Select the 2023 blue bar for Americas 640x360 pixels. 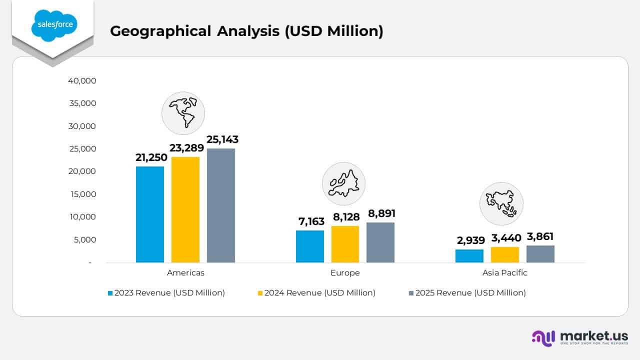(x=150, y=214)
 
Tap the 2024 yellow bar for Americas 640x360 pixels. (x=185, y=209)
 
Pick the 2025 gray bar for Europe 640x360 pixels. (x=380, y=242)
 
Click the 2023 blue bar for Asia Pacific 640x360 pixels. (x=469, y=256)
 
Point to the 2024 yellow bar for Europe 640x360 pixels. (x=345, y=244)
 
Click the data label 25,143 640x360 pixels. (x=222, y=139)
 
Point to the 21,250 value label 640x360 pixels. (x=151, y=157)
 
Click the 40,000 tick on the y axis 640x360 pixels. (x=82, y=80)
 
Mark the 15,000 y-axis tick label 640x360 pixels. (x=82, y=194)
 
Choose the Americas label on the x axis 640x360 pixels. (x=185, y=273)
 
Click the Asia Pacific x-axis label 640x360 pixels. (x=504, y=273)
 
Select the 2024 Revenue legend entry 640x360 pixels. (x=320, y=293)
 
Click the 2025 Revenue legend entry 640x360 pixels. (x=470, y=293)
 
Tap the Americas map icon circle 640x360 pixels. (x=183, y=113)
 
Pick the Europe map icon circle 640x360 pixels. (x=343, y=183)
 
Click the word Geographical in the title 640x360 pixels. (x=160, y=31)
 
